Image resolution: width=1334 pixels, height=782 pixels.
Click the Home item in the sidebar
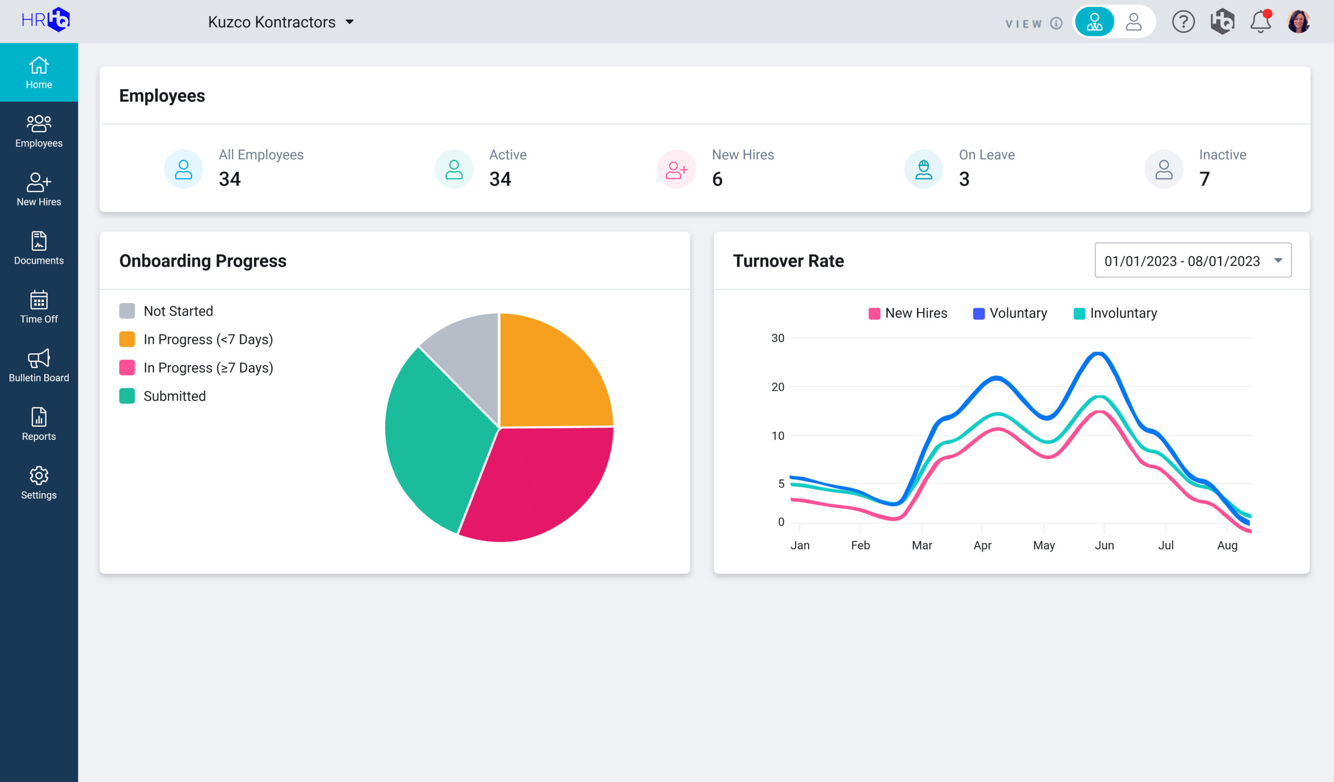39,73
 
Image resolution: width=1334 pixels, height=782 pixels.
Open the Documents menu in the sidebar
39,248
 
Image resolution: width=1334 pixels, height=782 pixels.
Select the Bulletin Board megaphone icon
39,358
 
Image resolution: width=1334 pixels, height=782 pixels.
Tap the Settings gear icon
39,475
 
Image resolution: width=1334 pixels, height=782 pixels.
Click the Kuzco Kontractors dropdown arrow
349,22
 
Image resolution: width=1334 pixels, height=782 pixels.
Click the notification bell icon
1261,22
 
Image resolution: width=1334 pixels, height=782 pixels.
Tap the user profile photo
1299,22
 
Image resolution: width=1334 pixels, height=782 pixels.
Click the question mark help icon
1183,22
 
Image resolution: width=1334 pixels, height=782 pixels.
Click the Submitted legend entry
174,396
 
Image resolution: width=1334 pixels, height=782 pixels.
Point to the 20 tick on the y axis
777,387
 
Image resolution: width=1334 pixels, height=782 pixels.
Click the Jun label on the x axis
1104,545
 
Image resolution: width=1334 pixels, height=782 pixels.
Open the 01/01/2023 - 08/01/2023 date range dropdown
1193,261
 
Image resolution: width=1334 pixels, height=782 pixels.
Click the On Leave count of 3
964,179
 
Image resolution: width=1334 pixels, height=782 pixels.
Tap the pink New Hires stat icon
676,170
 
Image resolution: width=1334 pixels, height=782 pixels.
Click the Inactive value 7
1204,179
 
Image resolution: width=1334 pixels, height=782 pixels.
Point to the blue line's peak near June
1099,353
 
